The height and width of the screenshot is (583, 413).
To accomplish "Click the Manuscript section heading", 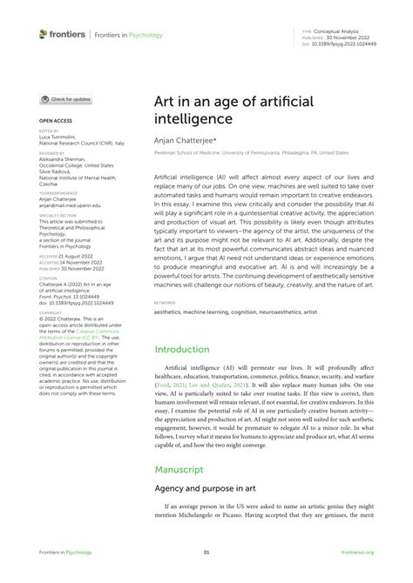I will coord(180,468).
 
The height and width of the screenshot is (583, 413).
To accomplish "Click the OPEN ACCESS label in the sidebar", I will coord(54,120).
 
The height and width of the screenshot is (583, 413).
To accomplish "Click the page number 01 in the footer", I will coord(206,551).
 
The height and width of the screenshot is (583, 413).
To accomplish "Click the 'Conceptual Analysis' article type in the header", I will coord(347,30).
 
